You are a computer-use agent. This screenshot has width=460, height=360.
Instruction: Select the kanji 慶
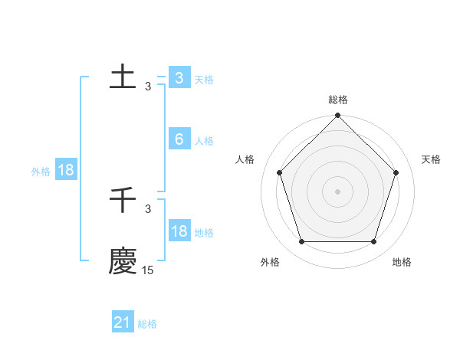123,260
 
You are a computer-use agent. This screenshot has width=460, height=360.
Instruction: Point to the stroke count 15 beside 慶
148,270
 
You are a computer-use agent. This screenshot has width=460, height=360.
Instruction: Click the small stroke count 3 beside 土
148,87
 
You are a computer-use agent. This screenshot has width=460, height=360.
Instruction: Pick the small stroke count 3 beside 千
148,209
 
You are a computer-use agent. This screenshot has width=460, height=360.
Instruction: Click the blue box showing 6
179,139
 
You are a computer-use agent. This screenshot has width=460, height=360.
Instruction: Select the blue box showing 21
123,322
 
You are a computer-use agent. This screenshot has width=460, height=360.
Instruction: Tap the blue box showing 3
179,78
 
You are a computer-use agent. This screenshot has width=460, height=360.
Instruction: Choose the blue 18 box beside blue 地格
179,231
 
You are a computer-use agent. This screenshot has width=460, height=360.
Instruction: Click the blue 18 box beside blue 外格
65,170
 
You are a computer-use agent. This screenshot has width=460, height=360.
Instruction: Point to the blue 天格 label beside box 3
204,80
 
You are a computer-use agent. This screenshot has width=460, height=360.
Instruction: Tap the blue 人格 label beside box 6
204,141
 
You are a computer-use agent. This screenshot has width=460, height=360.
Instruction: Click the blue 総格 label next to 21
147,324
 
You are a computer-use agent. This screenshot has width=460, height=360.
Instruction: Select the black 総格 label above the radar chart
338,100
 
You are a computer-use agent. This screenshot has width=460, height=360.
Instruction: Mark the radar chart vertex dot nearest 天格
396,172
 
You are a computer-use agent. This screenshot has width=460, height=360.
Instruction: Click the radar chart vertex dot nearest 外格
301,242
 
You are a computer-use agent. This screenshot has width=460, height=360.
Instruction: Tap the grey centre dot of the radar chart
337,191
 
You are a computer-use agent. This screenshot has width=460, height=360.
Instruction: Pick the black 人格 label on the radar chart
245,159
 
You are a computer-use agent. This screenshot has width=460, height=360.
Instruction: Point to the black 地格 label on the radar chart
402,262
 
